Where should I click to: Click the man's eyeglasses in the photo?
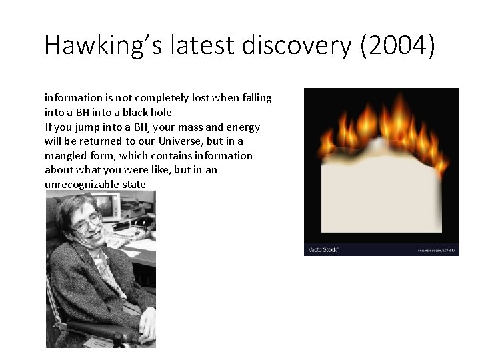point(89,222)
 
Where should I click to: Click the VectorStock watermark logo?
point(323,249)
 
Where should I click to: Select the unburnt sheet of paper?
point(381,193)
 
